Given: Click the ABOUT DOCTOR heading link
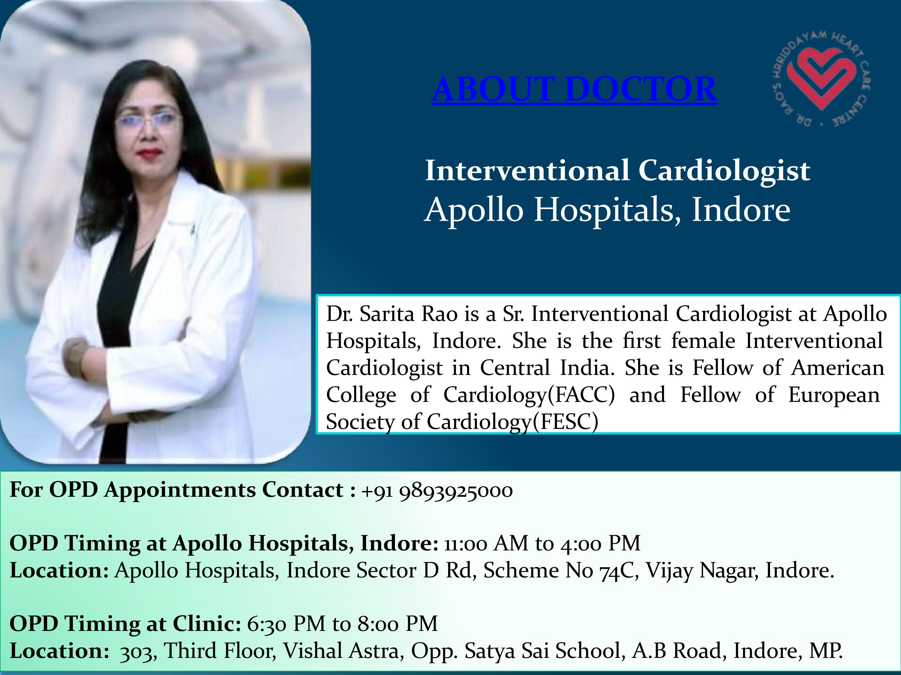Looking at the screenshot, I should tap(574, 89).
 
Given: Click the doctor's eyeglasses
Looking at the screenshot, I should tap(147, 120).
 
